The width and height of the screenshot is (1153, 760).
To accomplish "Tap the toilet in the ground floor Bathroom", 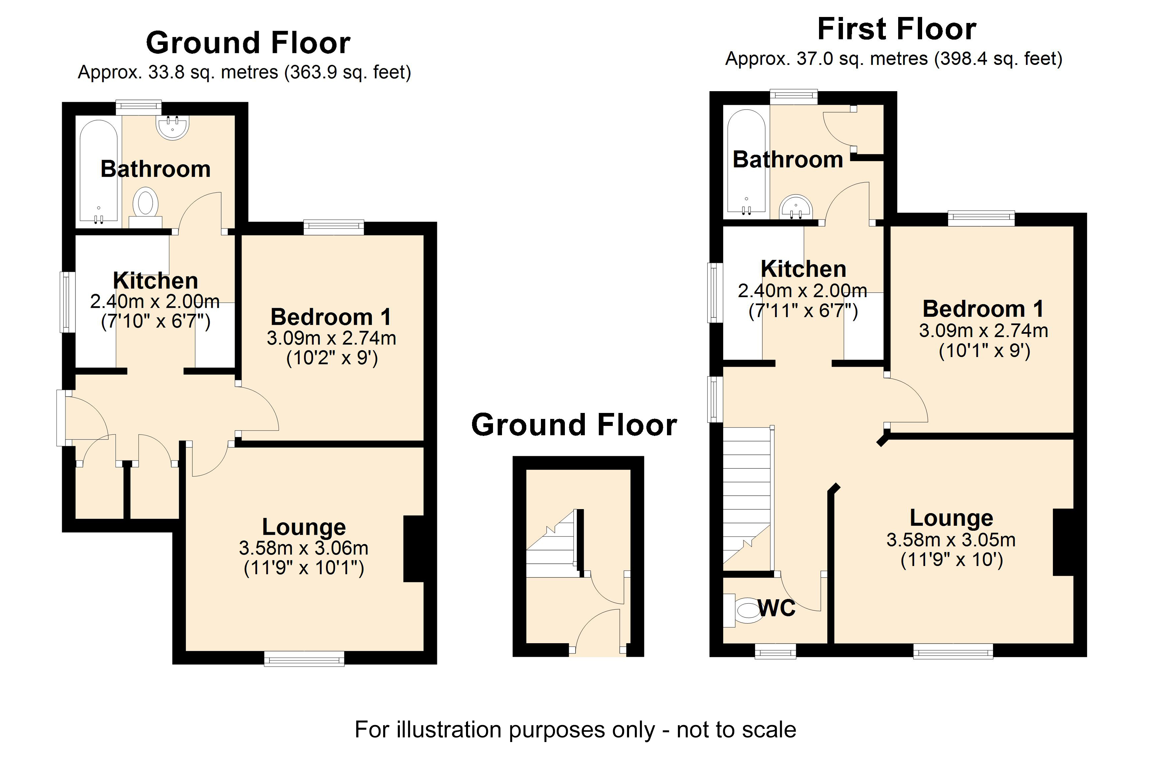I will click(145, 206).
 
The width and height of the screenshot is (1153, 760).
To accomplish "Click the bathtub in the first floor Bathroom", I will click(746, 162).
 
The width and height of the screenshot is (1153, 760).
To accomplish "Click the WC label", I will click(776, 608).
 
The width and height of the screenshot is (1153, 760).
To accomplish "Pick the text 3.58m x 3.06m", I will click(303, 548).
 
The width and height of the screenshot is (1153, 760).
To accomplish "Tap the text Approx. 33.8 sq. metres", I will click(178, 72).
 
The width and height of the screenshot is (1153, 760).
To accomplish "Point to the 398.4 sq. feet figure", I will click(999, 59).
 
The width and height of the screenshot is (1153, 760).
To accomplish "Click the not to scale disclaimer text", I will click(575, 729).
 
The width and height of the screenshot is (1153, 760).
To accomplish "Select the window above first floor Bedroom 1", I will click(981, 218).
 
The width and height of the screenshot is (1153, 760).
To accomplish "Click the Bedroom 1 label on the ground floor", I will click(331, 317).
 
